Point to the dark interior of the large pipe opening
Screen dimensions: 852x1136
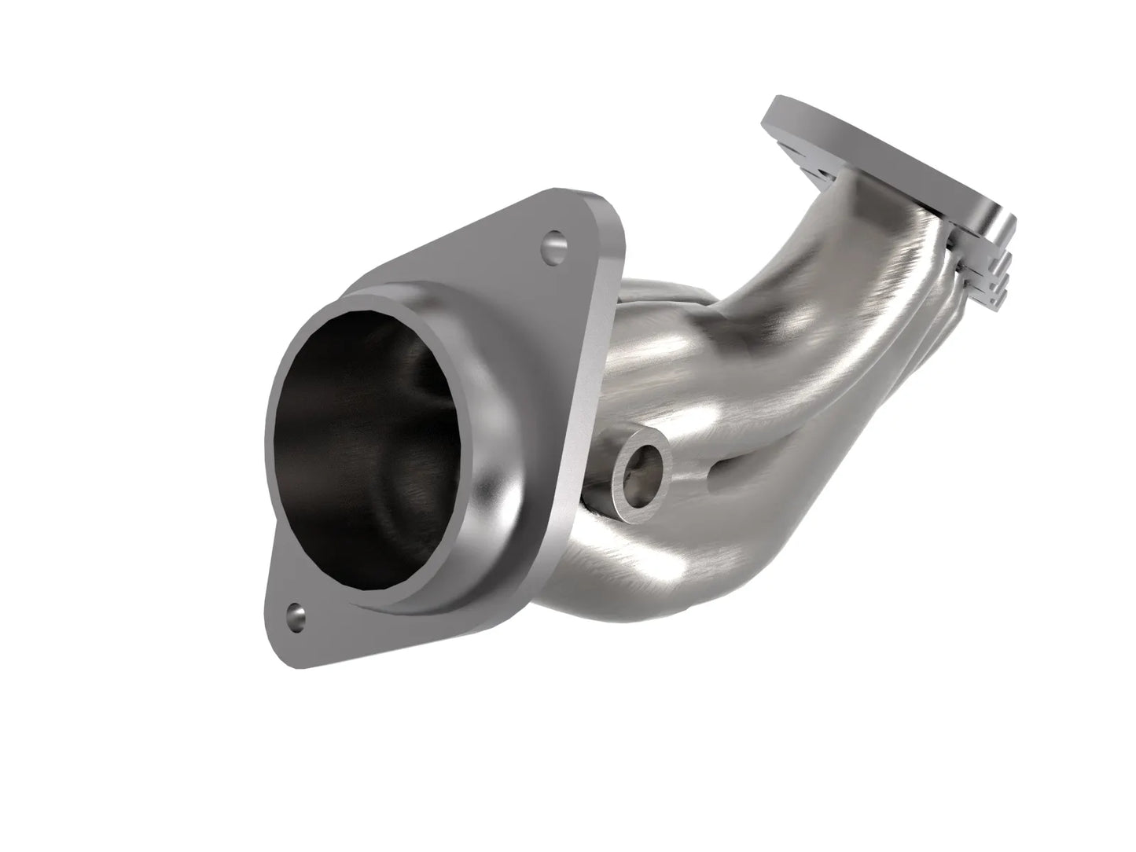(x=369, y=440)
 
